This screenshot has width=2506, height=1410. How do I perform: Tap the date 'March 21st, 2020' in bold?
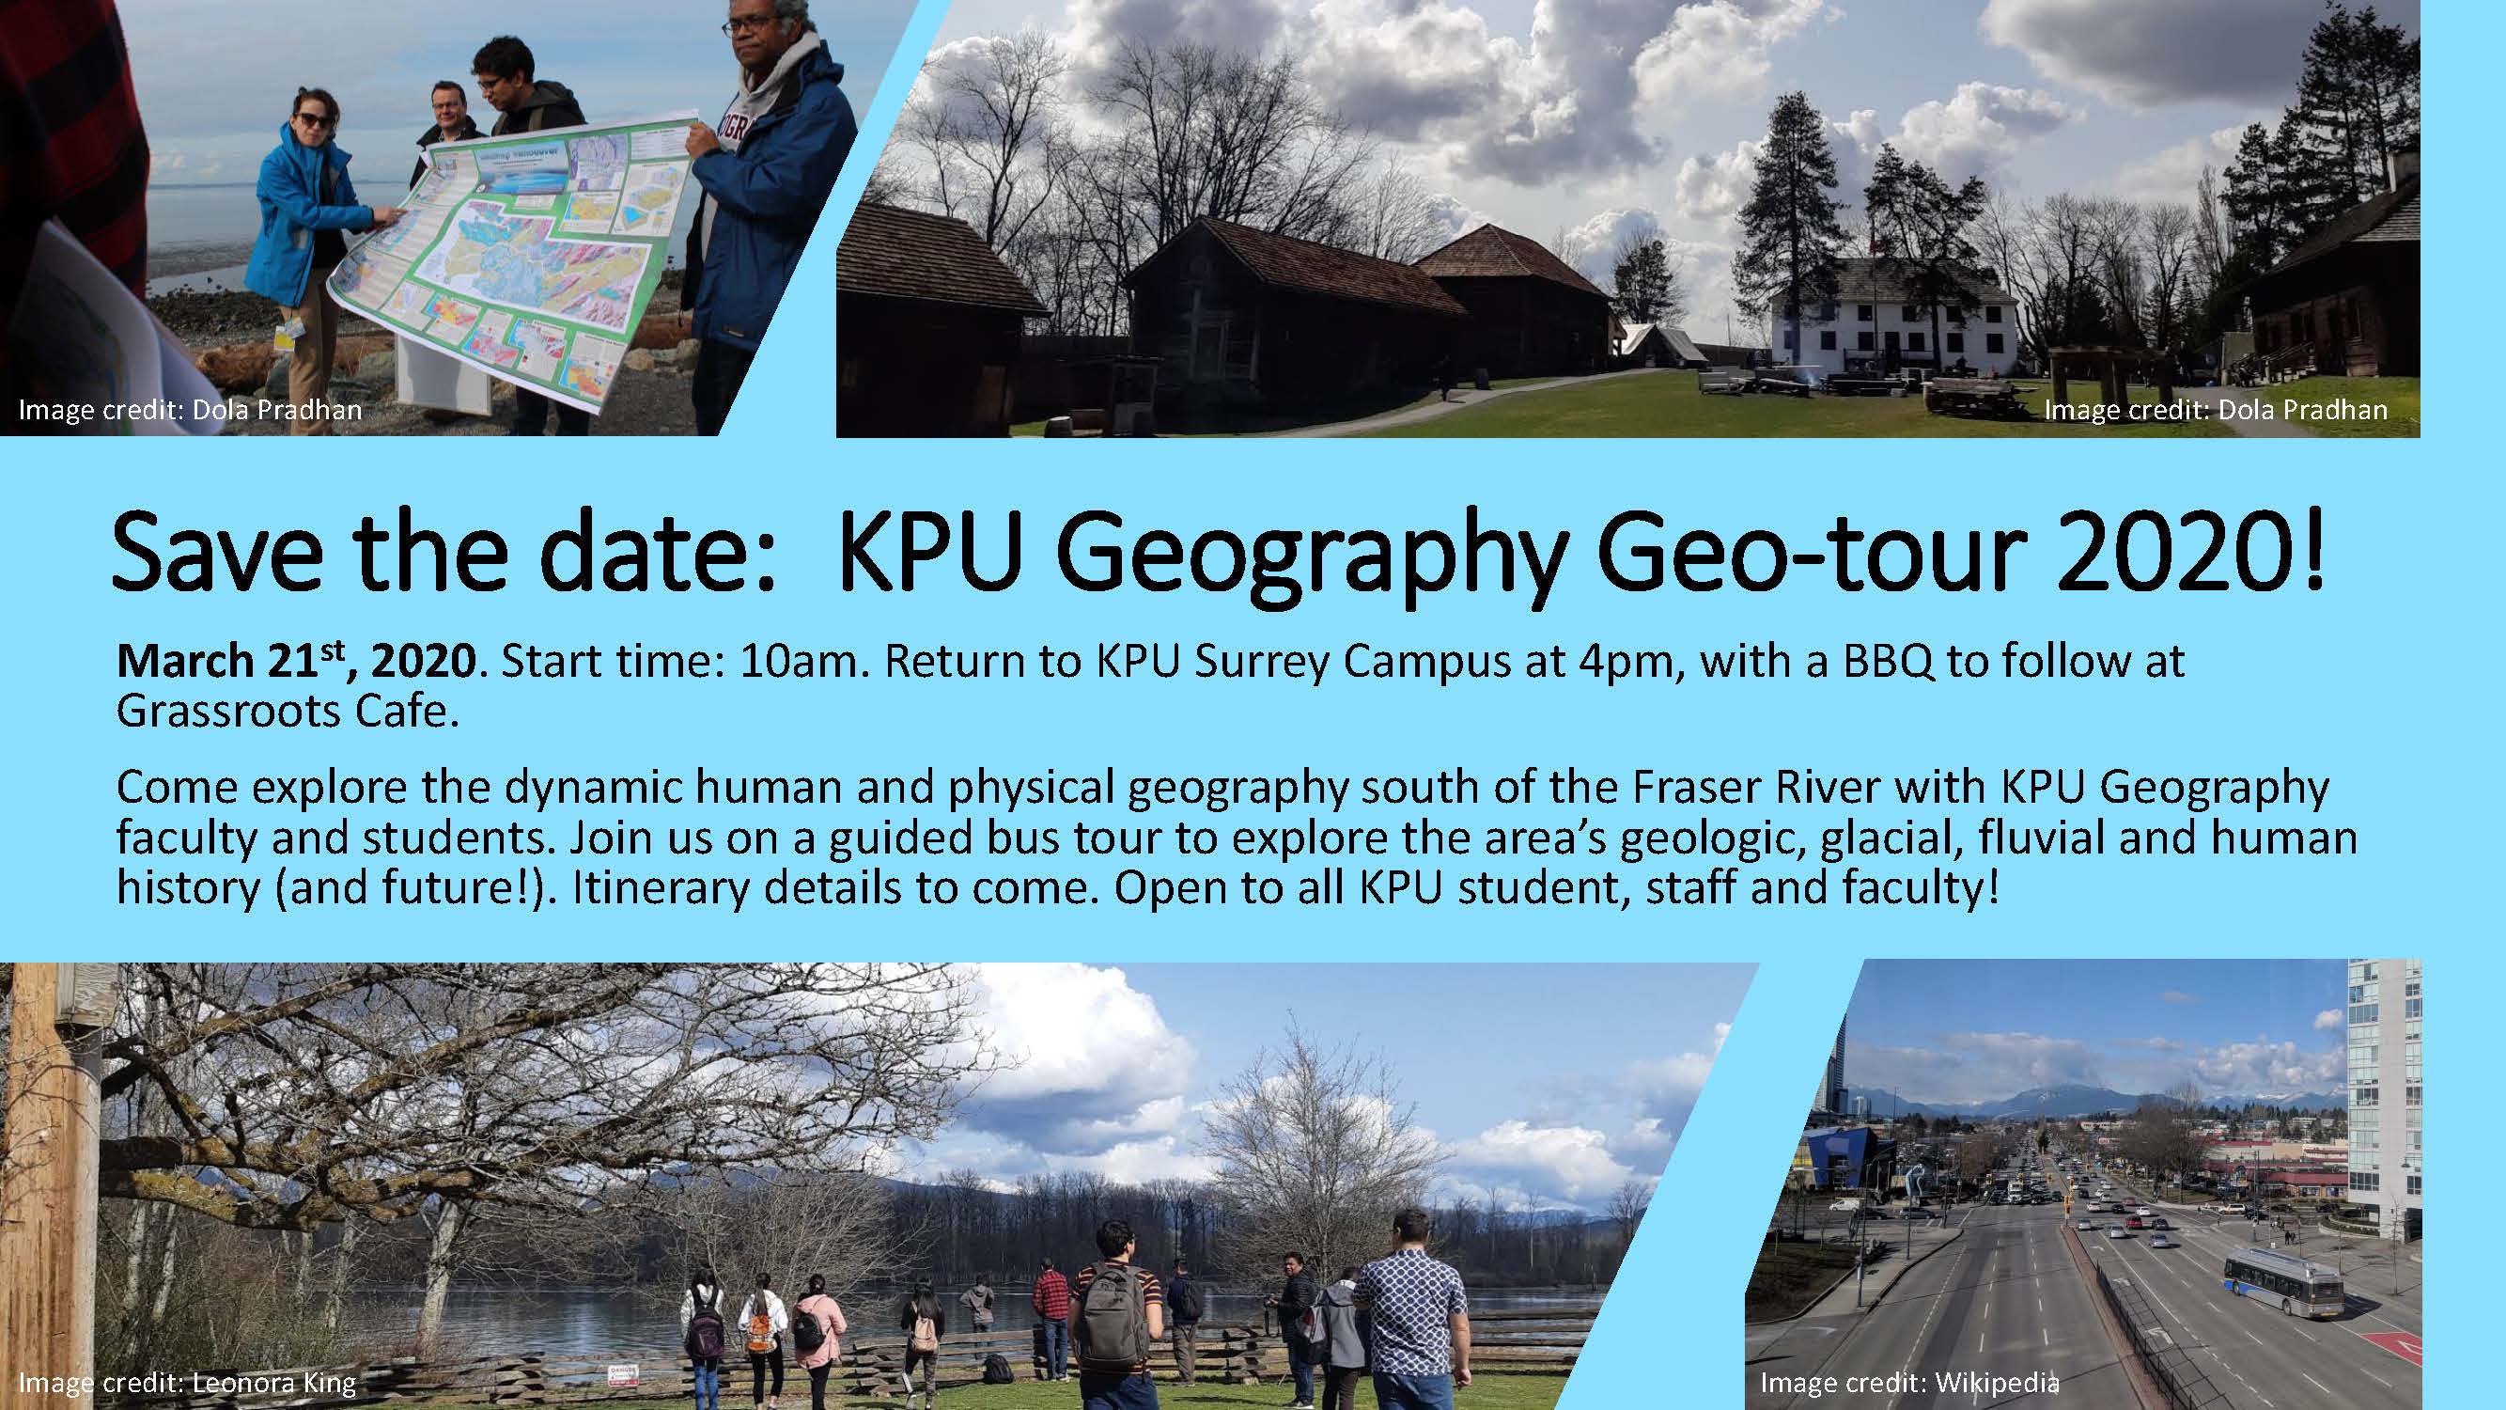(295, 662)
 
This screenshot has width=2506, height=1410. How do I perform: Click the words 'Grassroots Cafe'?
(287, 713)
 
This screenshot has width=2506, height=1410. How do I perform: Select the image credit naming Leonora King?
(187, 1383)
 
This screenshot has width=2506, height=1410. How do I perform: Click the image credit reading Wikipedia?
(1908, 1383)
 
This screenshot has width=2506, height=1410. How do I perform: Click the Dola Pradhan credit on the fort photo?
(2215, 410)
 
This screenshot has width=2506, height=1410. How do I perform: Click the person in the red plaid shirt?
(1051, 1304)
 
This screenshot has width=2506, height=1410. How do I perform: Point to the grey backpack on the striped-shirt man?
(1109, 1308)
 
